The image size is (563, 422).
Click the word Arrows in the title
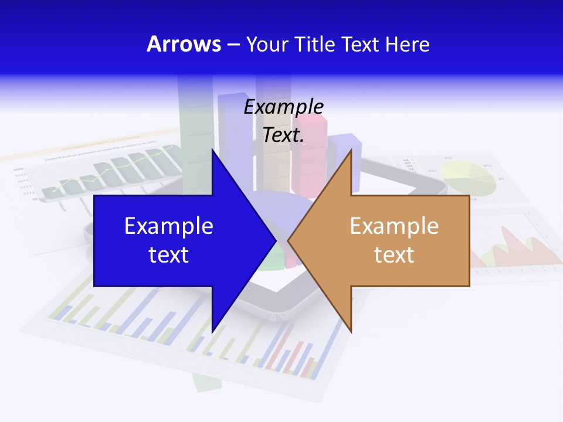click(184, 44)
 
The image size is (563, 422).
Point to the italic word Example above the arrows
click(284, 107)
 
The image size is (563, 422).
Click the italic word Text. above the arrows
click(284, 135)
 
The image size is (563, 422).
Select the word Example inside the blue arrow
click(169, 226)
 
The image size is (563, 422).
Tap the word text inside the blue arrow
click(169, 254)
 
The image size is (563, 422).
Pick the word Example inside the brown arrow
click(394, 226)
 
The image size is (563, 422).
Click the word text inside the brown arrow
click(394, 254)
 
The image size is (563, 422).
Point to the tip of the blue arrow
click(276, 240)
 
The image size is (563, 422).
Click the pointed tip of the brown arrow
click(288, 240)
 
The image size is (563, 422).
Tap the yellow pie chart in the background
click(469, 176)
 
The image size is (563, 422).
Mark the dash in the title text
click(233, 45)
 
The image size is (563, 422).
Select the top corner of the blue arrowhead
click(212, 149)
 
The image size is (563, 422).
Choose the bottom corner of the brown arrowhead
click(351, 332)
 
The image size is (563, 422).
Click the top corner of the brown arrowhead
click(351, 149)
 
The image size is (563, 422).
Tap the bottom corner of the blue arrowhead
click(212, 332)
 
